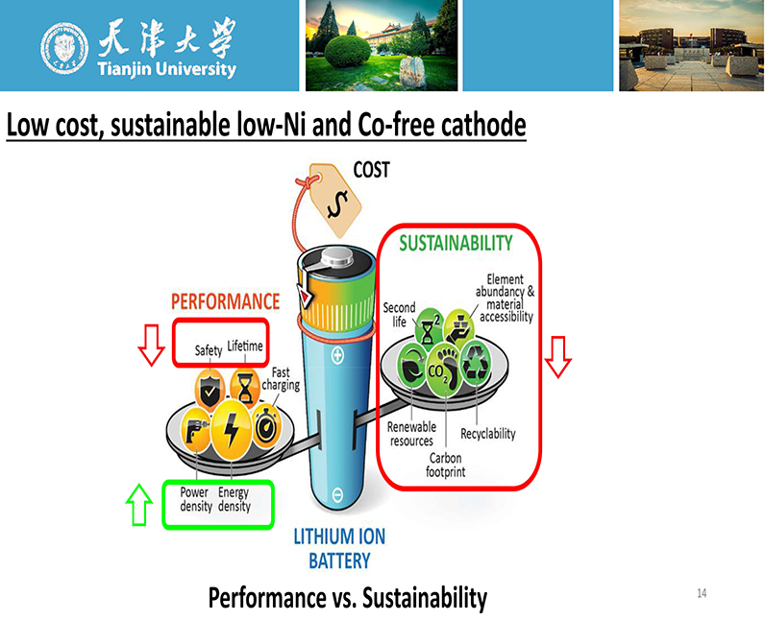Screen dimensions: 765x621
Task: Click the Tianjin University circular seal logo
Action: point(64,48)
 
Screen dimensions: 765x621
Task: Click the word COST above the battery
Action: point(371,170)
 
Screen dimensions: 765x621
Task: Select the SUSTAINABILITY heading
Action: point(456,243)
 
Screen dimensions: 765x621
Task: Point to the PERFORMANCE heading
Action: point(226,301)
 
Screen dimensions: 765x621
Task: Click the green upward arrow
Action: point(139,505)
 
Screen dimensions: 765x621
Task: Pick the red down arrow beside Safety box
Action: point(151,346)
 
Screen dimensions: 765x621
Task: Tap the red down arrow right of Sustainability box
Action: point(557,357)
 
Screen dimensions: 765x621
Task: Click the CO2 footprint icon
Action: point(444,370)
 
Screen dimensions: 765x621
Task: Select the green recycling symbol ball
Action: point(476,363)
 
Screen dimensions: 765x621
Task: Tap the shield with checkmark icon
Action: point(210,390)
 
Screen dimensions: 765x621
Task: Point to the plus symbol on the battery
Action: point(337,355)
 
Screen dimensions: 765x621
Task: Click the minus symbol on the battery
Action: point(337,494)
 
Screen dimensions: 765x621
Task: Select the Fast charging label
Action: point(281,379)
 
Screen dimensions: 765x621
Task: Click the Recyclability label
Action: point(488,434)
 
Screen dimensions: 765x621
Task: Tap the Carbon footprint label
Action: point(445,465)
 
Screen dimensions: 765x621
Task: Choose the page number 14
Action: point(702,593)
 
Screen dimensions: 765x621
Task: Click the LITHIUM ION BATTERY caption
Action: point(339,549)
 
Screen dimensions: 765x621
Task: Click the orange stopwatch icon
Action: point(266,426)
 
